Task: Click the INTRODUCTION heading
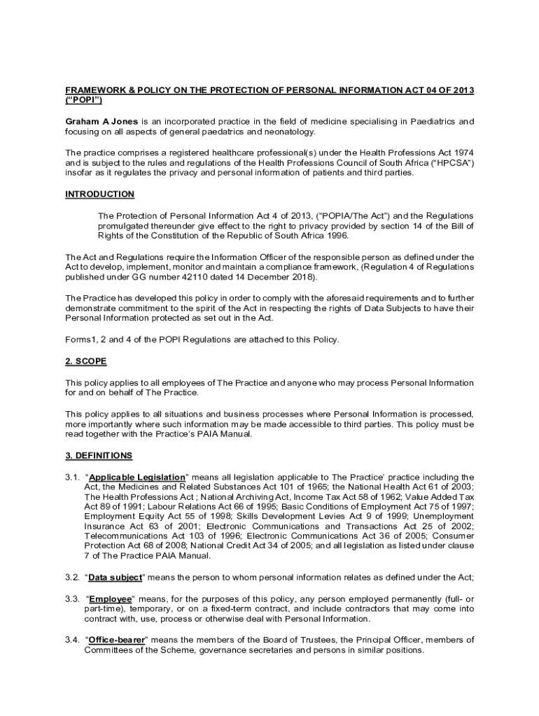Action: click(99, 194)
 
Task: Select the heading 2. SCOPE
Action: click(86, 362)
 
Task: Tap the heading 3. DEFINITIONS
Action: click(99, 456)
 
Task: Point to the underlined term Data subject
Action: click(115, 578)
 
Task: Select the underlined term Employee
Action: click(111, 599)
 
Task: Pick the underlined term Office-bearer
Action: click(116, 640)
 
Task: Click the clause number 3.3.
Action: click(73, 599)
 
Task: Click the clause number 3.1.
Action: click(73, 478)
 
